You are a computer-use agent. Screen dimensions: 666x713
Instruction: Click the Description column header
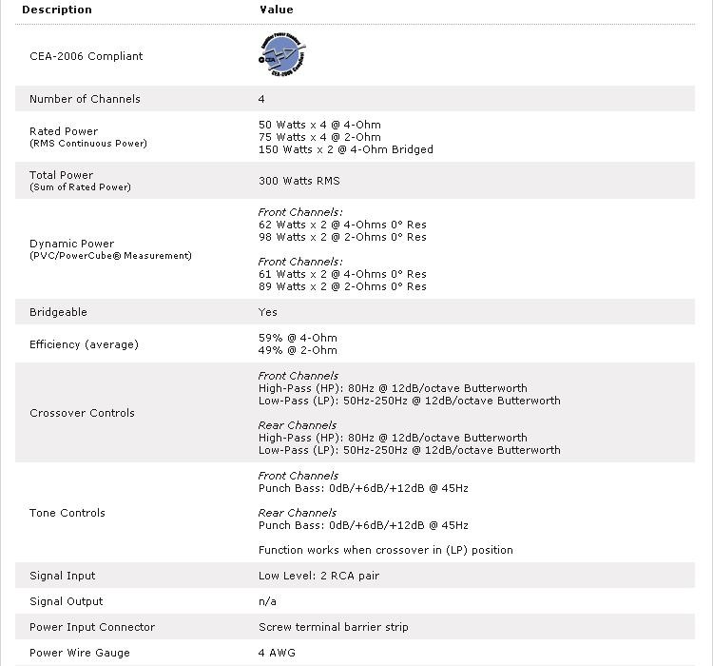coord(57,10)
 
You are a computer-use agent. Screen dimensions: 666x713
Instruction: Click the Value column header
coord(276,10)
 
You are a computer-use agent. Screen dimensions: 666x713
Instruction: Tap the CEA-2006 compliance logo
coord(282,55)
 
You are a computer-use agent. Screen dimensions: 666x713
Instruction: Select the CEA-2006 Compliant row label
coord(86,56)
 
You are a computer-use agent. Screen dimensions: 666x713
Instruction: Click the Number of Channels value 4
coord(261,99)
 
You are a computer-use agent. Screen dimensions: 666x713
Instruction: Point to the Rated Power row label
coord(64,131)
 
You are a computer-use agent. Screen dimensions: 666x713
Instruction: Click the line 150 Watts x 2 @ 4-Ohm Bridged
coord(345,149)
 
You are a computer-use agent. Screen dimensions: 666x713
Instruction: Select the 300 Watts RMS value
coord(299,181)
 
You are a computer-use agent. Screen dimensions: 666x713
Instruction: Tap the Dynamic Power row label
coord(71,244)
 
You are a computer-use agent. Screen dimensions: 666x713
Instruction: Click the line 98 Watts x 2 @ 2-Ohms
coord(342,237)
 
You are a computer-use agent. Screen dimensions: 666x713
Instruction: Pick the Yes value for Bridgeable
coord(268,312)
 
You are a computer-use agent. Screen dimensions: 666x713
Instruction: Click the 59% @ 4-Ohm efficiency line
coord(298,338)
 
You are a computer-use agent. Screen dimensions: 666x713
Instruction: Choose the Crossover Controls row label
coord(82,413)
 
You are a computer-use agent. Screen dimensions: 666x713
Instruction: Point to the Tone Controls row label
coord(67,513)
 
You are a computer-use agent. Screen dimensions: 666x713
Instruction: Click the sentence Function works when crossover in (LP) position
coord(385,550)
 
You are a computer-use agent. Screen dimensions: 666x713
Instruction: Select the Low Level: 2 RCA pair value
coord(318,576)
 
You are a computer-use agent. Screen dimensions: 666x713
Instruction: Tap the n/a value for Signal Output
coord(267,601)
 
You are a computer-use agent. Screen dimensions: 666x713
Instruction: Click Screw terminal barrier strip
coord(333,627)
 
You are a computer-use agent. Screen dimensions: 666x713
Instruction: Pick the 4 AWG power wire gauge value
coord(275,653)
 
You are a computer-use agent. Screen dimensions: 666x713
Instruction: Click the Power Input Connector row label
coord(91,627)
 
